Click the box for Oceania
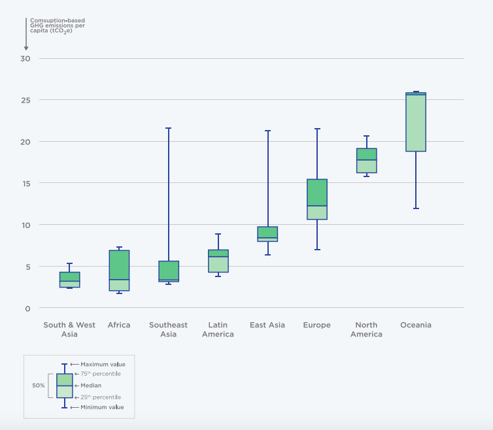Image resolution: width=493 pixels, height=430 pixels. tap(415, 122)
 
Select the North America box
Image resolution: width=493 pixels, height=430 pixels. tap(366, 161)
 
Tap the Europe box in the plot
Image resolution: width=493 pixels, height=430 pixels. tap(317, 199)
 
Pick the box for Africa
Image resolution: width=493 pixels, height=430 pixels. tap(119, 271)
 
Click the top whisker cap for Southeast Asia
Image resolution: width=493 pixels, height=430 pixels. tap(169, 128)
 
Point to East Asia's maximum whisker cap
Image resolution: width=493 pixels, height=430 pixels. tap(267, 131)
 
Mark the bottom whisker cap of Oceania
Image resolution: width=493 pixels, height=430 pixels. tap(415, 208)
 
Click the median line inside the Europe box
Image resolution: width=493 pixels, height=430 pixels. tap(317, 206)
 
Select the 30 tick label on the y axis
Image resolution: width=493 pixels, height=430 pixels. tap(25, 59)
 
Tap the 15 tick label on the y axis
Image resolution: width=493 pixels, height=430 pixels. tap(25, 183)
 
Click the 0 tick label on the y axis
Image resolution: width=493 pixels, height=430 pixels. tap(27, 308)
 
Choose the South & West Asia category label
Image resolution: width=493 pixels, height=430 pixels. tap(69, 329)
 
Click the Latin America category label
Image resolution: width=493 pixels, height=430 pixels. tap(218, 329)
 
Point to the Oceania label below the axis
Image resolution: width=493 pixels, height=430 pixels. tap(415, 325)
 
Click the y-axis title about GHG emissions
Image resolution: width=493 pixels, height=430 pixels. tap(58, 25)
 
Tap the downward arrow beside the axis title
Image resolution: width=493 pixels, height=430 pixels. tap(26, 35)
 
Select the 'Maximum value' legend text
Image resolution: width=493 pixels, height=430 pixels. tap(103, 364)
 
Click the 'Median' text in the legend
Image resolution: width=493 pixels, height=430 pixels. tap(91, 386)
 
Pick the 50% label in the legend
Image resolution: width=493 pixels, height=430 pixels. tap(39, 386)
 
